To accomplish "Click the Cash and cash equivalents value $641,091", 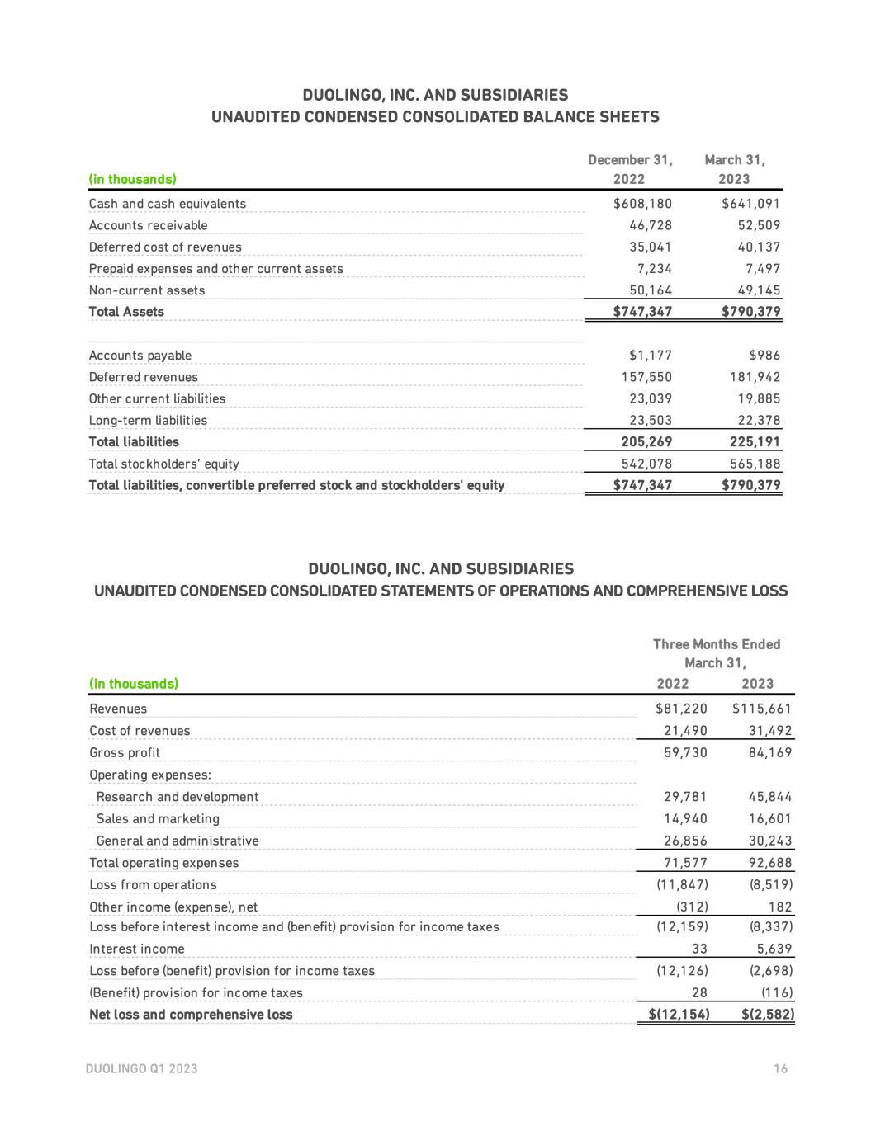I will click(750, 204).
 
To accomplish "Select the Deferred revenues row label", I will click(144, 377).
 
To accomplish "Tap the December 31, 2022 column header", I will click(630, 169).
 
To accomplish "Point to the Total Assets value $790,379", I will click(750, 312).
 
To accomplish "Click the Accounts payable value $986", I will click(764, 356).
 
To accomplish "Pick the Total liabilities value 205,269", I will click(646, 442).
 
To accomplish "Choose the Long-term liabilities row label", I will click(149, 421).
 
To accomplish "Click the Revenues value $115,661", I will click(761, 709).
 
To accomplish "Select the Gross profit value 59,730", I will click(685, 752).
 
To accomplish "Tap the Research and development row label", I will click(178, 797).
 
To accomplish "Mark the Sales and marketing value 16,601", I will click(769, 819).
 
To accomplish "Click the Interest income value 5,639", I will click(774, 949).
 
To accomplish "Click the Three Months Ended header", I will click(716, 644).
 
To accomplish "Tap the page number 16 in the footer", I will click(781, 1069).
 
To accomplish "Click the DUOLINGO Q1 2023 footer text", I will click(141, 1069).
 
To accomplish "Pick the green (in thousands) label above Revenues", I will click(134, 684).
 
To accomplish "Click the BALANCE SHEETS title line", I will click(435, 117).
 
